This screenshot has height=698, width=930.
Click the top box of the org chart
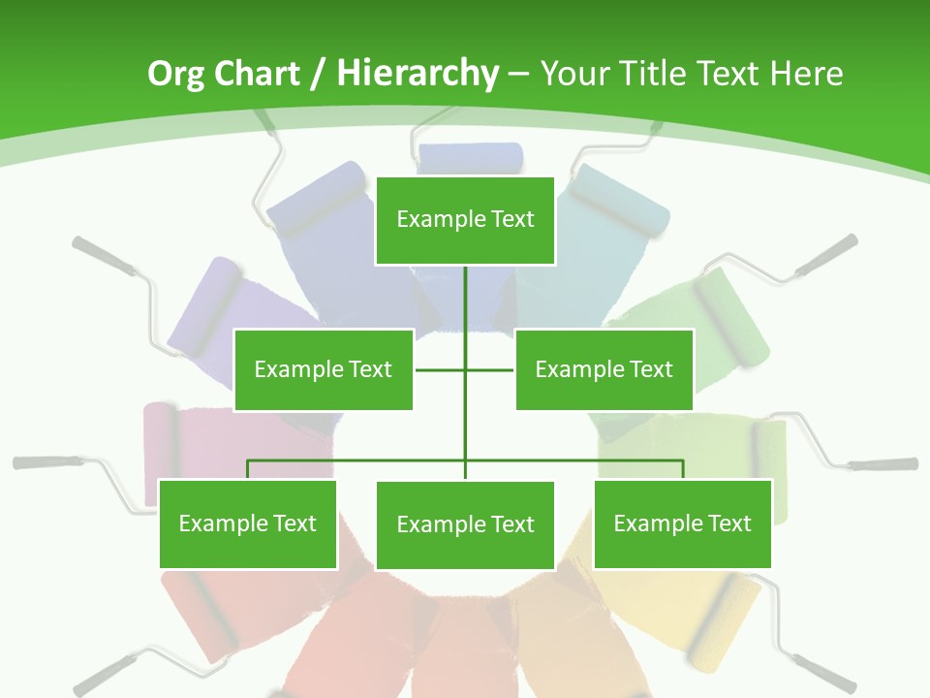click(x=465, y=220)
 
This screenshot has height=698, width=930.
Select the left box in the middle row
click(x=324, y=369)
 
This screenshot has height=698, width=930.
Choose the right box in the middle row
click(x=604, y=369)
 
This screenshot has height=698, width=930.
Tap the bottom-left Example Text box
click(x=248, y=523)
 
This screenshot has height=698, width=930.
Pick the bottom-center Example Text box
click(x=465, y=524)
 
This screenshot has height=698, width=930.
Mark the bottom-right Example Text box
click(x=682, y=523)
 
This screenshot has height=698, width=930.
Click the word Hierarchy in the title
click(x=418, y=74)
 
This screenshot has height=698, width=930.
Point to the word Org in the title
click(x=176, y=74)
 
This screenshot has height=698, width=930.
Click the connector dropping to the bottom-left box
click(x=248, y=469)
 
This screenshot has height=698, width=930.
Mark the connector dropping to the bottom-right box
click(x=682, y=469)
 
